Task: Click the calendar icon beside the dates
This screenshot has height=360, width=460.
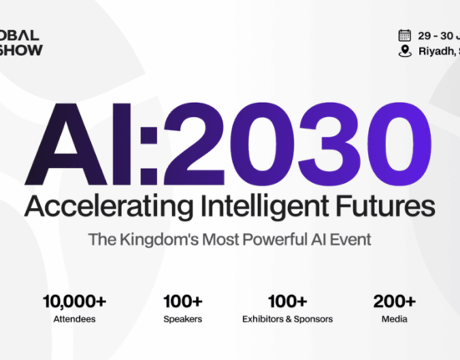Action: click(x=405, y=35)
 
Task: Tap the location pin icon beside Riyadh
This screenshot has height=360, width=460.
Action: click(x=405, y=51)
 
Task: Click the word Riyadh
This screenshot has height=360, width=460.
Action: click(x=436, y=51)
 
